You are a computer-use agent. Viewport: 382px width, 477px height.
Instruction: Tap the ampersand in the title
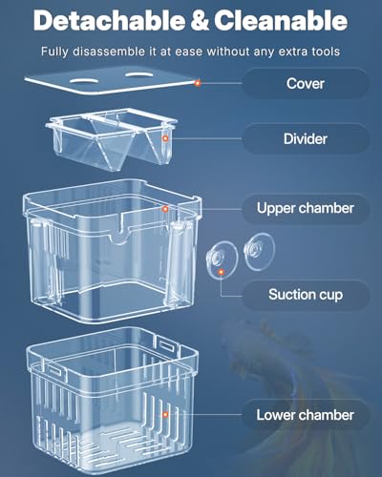point(200,20)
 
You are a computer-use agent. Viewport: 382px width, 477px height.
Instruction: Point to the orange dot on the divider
point(165,139)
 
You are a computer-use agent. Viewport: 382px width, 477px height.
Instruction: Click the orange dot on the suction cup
point(223,272)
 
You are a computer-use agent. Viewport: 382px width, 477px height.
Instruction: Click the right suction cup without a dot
point(255,250)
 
